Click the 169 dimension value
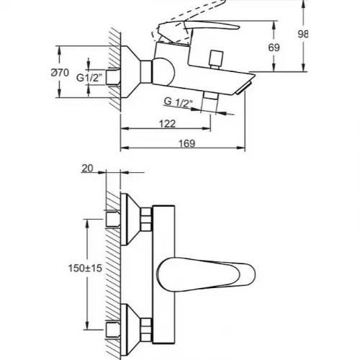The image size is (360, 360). tap(187, 143)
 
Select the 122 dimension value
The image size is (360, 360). tap(168, 124)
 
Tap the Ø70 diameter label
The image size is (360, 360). tap(60, 73)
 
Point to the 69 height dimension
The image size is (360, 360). tap(274, 48)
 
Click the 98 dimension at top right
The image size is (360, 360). tap(302, 35)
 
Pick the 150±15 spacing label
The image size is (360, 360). tap(86, 268)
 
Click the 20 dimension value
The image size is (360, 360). tap(87, 168)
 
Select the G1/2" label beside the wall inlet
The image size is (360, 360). tap(89, 78)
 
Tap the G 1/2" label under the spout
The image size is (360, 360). tap(179, 102)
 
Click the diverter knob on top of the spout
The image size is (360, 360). tap(216, 60)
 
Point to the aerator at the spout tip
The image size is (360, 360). tap(244, 88)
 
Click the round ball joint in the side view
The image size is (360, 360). tap(163, 71)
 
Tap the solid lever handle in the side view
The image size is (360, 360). tap(199, 31)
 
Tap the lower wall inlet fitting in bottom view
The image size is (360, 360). tap(113, 330)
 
